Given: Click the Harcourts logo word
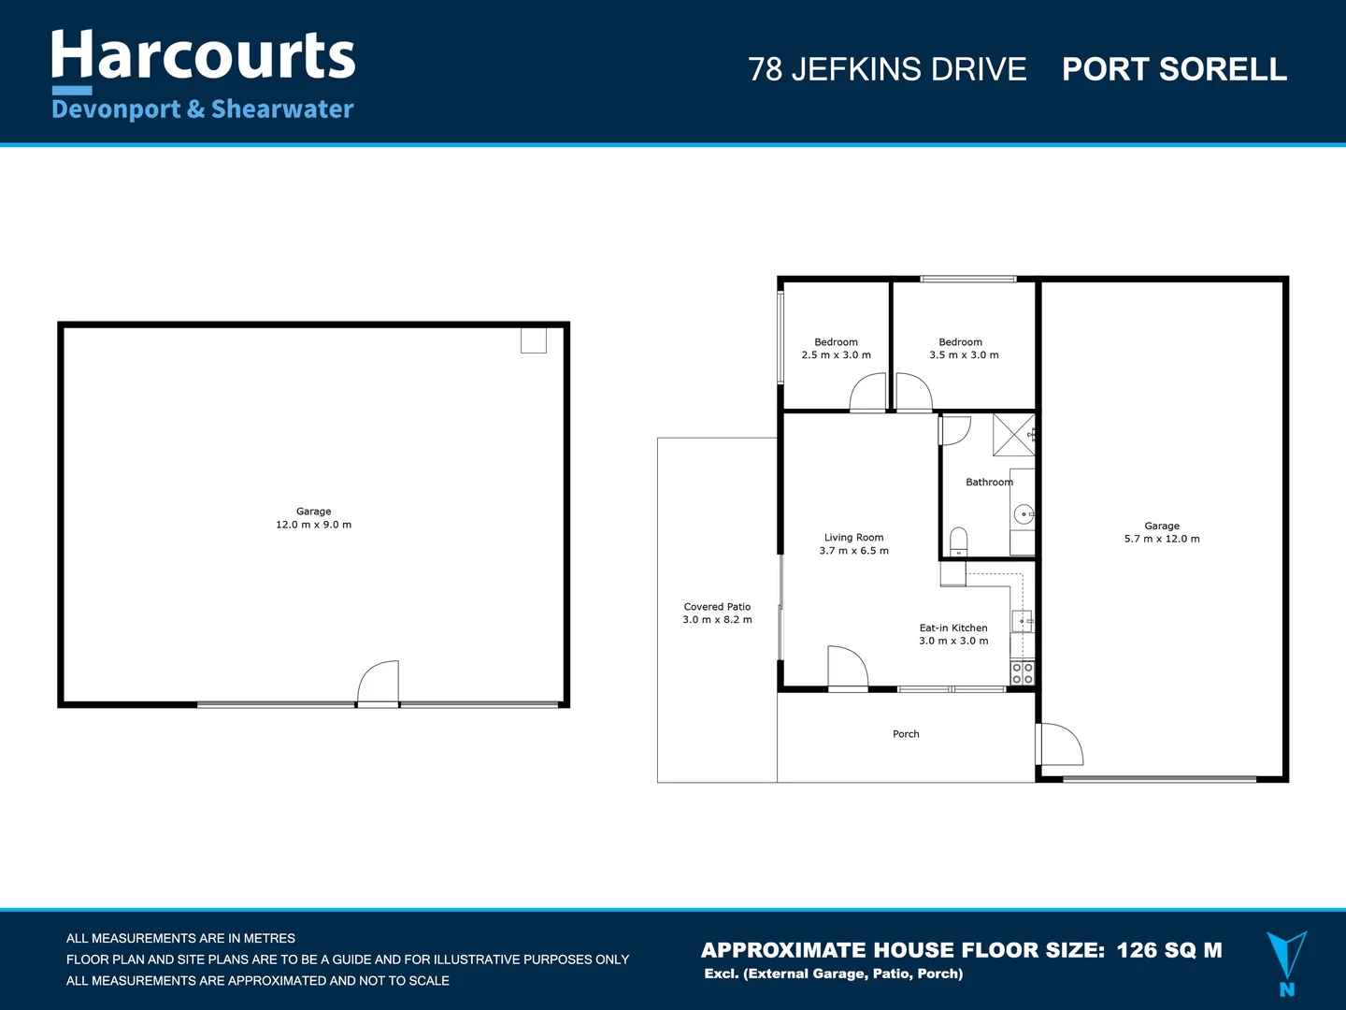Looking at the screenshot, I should [203, 56].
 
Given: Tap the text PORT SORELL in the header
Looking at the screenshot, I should [1174, 69].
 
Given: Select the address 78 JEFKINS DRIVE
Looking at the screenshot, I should [887, 69].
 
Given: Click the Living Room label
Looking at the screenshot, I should [853, 538].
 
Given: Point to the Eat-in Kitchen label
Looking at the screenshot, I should [953, 628].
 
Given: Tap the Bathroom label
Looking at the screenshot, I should [989, 483].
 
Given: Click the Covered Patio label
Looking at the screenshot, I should [717, 607].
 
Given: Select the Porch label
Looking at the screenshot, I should [906, 734].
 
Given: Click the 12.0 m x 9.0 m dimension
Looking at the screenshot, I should [313, 525].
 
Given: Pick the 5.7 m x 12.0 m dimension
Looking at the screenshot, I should [1162, 539].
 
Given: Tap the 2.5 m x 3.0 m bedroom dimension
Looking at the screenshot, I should [836, 355].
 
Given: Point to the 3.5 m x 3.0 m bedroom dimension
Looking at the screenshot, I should [964, 355].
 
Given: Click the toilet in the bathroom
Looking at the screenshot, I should [958, 542].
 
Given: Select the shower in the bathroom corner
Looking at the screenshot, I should [1014, 434].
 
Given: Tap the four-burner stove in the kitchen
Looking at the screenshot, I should [1023, 673].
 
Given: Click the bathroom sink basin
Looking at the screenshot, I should [1024, 514].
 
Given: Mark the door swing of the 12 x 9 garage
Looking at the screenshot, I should [379, 681].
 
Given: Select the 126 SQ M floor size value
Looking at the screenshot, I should [1169, 950].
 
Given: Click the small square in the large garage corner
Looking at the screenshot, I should [533, 340].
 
